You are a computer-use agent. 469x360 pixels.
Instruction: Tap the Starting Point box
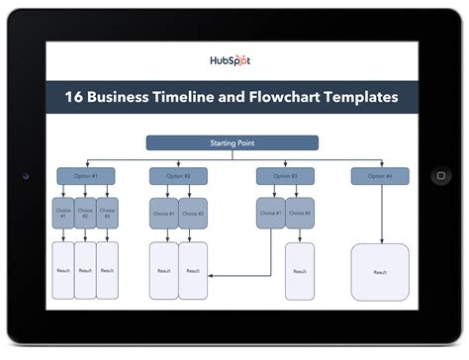point(233,143)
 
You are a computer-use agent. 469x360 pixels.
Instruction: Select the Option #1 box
point(85,176)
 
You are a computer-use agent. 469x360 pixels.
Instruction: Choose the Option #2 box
point(179,176)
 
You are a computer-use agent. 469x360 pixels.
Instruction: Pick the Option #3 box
point(285,176)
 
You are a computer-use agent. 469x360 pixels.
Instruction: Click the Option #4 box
point(380,176)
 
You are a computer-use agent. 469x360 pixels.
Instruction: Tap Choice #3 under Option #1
point(107,213)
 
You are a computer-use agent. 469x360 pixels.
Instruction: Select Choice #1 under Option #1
point(62,213)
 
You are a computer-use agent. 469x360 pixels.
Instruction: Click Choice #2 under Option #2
point(194,213)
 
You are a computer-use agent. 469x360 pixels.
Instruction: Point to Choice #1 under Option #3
point(271,213)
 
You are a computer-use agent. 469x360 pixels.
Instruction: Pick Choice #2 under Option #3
point(300,213)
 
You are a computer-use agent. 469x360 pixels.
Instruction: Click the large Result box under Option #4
point(380,271)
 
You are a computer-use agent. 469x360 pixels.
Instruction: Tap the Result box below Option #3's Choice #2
point(300,271)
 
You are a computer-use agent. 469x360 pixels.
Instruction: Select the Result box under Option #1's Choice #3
point(107,271)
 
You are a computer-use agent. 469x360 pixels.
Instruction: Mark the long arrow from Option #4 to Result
point(380,213)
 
